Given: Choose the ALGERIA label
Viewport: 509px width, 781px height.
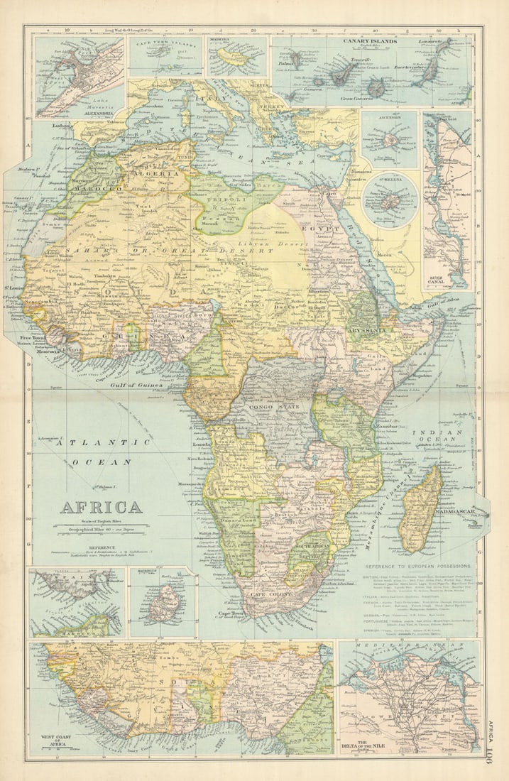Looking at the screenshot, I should click(x=162, y=173).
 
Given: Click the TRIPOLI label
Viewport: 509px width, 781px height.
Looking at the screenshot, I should click(x=223, y=200).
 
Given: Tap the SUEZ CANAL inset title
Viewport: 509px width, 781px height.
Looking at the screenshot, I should click(x=440, y=280).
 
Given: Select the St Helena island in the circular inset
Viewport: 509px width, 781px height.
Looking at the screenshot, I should click(x=390, y=203).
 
